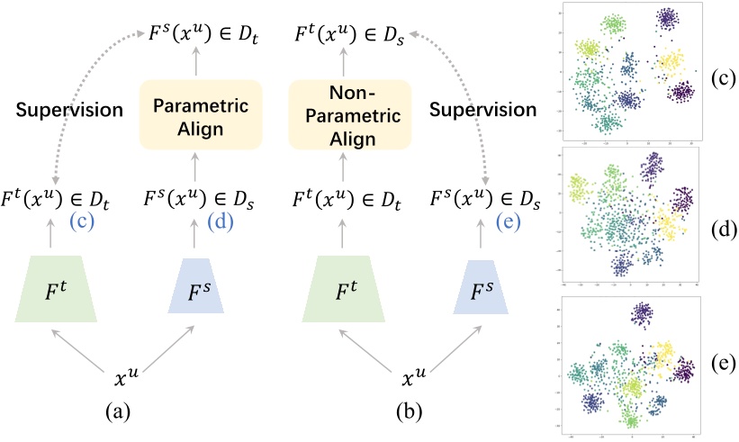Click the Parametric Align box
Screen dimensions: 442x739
coord(188,115)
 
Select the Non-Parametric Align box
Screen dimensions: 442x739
coord(335,115)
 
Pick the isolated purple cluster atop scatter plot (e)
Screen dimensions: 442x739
coord(642,313)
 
